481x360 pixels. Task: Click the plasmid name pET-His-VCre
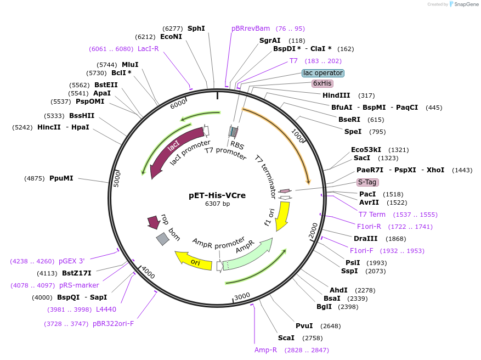[217, 195]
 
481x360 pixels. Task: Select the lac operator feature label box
[323, 73]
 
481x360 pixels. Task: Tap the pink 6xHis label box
[322, 83]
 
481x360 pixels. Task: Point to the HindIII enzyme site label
[336, 95]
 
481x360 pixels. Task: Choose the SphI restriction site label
[196, 28]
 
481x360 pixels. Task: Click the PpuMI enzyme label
[61, 178]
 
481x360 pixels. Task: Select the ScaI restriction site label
[286, 337]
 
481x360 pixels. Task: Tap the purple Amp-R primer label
[266, 350]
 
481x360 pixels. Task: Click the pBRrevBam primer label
[251, 29]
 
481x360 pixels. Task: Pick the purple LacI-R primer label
[148, 49]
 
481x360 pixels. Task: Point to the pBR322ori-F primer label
[113, 323]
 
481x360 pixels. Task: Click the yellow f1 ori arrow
[282, 215]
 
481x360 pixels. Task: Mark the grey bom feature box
[162, 239]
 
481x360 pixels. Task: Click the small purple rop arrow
[153, 222]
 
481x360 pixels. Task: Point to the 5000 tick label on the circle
[116, 179]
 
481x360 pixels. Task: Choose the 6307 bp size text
[217, 204]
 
